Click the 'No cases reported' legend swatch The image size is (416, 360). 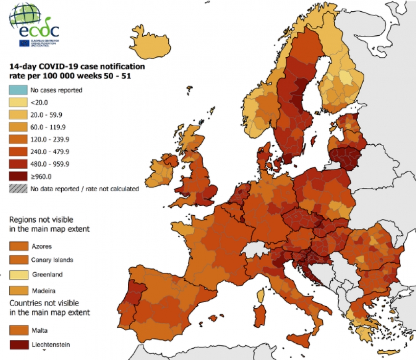[18, 90]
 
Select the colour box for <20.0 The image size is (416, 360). [18, 102]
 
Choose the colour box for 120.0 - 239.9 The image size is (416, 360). [18, 139]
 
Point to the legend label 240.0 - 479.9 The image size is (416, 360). [48, 152]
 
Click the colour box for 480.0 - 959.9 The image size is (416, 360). [18, 164]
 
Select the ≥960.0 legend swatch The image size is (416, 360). [18, 177]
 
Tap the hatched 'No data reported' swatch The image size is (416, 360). [18, 188]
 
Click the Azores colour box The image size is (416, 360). [18, 246]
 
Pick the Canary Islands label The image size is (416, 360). [52, 259]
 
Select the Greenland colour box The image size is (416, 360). [18, 274]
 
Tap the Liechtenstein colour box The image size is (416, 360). [18, 345]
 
